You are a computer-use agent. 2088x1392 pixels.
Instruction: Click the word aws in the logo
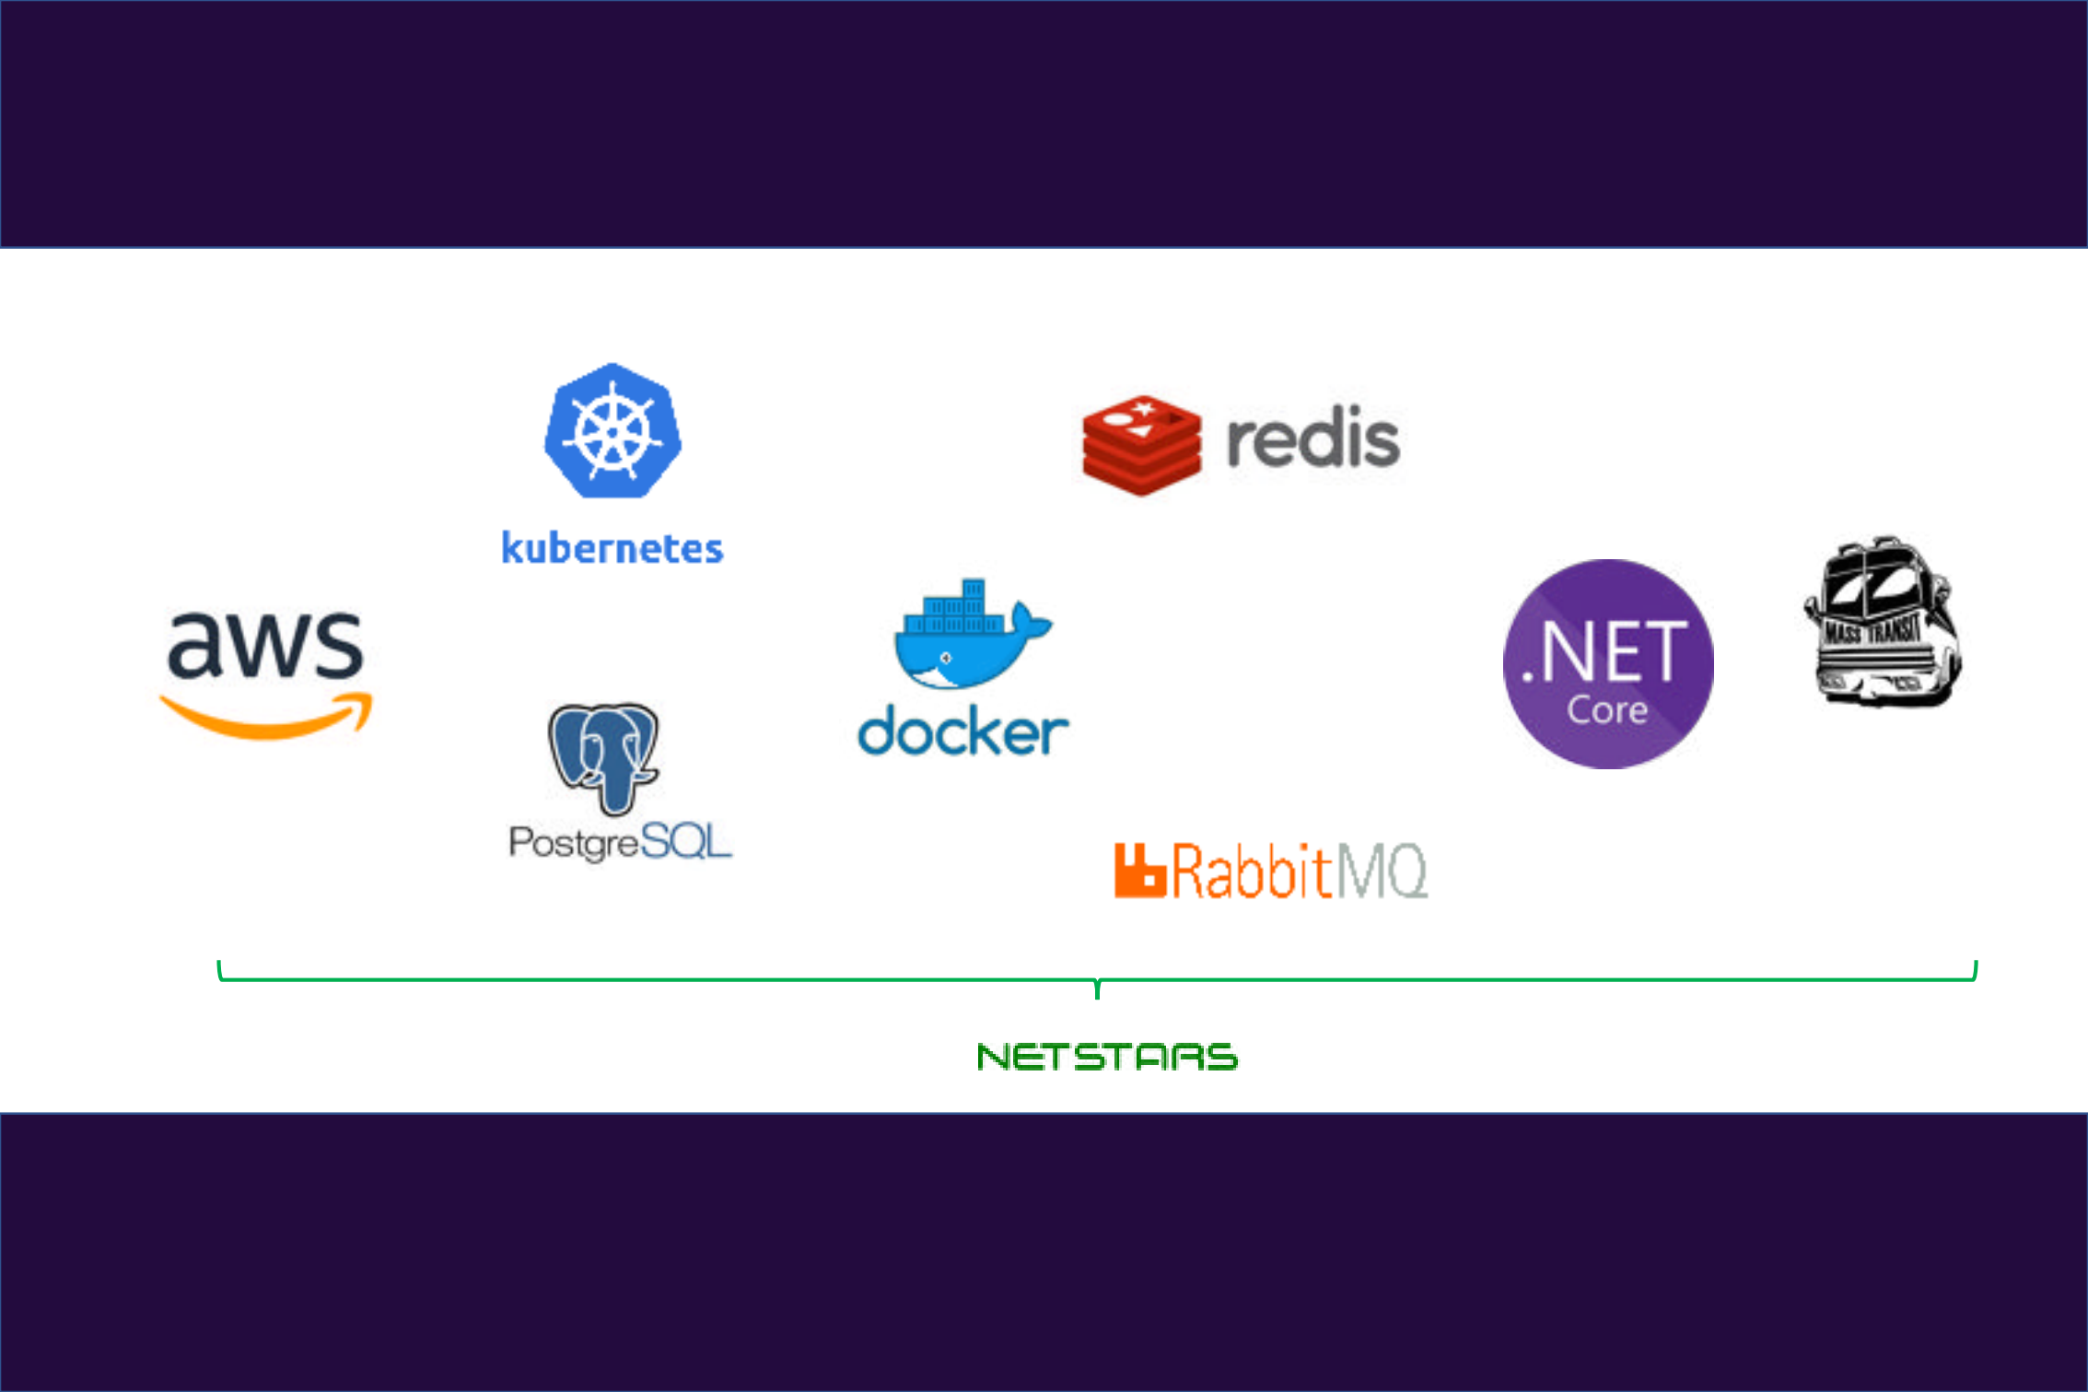pyautogui.click(x=265, y=644)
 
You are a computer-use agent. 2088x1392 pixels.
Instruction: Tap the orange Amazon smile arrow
pyautogui.click(x=266, y=716)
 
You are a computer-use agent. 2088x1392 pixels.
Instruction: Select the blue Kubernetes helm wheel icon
pyautogui.click(x=612, y=431)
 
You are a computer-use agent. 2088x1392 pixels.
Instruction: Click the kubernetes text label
pyautogui.click(x=612, y=547)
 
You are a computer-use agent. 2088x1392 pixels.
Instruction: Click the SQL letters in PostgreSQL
pyautogui.click(x=685, y=840)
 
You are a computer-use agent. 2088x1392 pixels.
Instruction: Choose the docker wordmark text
pyautogui.click(x=963, y=731)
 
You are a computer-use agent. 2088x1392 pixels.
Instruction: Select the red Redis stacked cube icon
pyautogui.click(x=1142, y=446)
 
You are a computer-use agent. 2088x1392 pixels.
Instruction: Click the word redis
pyautogui.click(x=1313, y=438)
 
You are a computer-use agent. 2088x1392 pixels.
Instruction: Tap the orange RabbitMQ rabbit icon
pyautogui.click(x=1140, y=870)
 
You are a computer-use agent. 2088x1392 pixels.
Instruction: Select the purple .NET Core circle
pyautogui.click(x=1608, y=663)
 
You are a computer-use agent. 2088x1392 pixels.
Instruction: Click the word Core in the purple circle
pyautogui.click(x=1607, y=710)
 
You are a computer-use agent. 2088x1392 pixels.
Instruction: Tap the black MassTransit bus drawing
pyautogui.click(x=1883, y=621)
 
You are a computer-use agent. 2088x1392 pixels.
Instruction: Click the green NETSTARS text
pyautogui.click(x=1107, y=1057)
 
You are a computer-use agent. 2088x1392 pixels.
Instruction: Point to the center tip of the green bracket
pyautogui.click(x=1097, y=998)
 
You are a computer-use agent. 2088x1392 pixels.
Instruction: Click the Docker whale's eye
pyautogui.click(x=946, y=658)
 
